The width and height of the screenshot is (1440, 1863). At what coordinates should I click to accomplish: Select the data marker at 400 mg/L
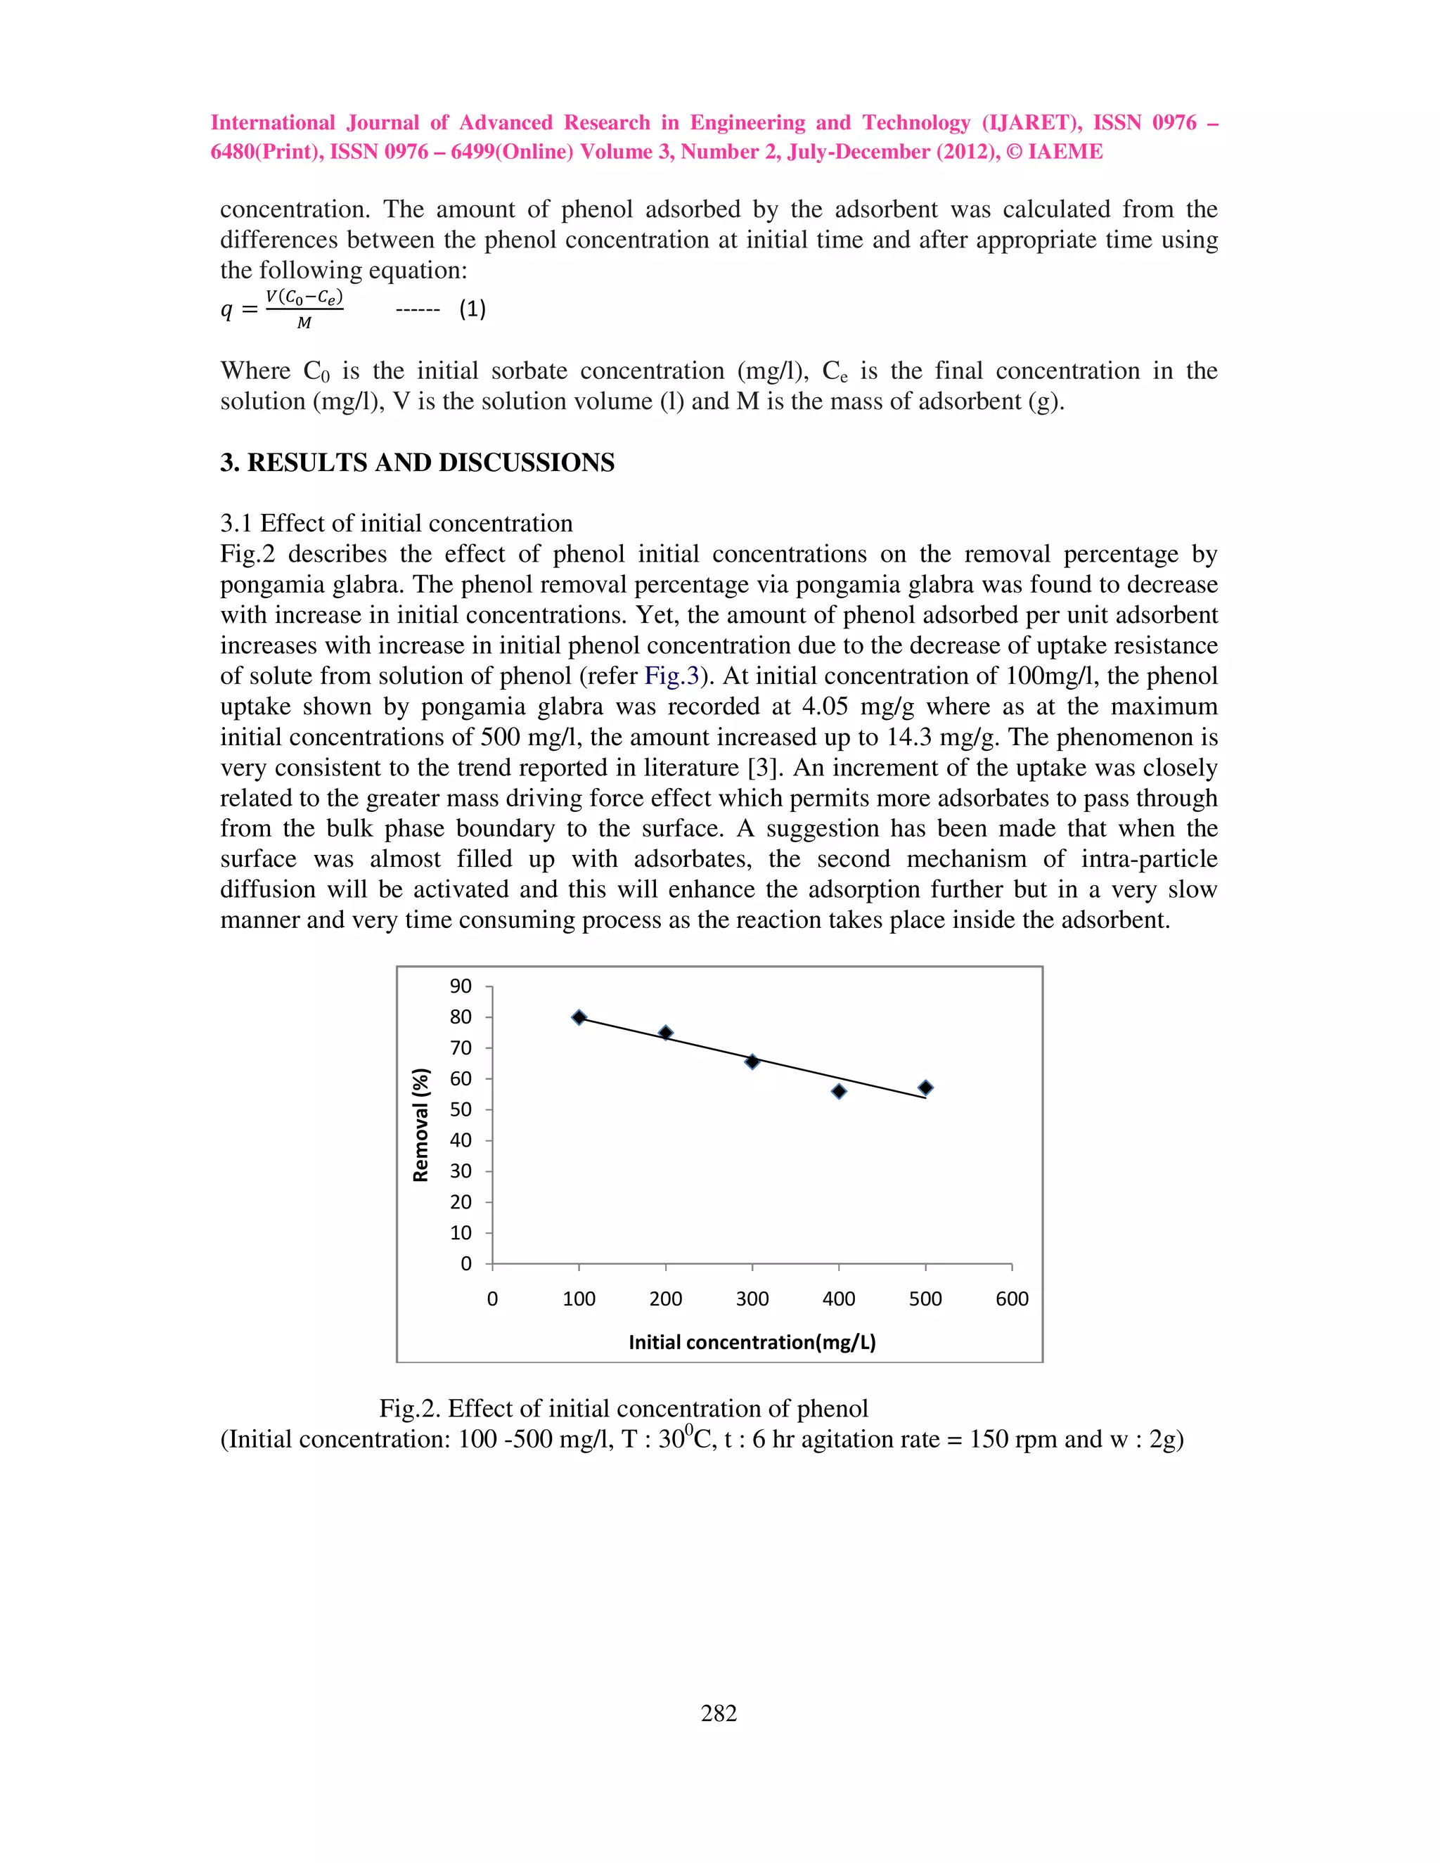[x=839, y=1091]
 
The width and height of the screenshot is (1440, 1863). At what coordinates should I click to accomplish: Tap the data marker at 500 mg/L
[x=925, y=1088]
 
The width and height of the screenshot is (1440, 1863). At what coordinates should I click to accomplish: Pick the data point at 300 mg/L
[x=752, y=1061]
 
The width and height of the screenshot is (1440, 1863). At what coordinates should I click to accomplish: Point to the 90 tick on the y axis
[x=461, y=986]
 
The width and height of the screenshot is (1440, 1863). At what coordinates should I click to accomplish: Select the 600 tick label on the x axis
[x=1012, y=1298]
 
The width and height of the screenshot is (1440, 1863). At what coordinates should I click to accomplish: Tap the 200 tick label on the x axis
[x=665, y=1298]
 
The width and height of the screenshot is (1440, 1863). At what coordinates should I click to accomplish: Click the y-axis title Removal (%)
[x=420, y=1124]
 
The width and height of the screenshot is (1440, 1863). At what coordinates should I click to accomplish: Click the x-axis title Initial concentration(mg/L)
[x=752, y=1342]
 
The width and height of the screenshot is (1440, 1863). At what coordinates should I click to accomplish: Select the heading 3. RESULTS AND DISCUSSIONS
[x=417, y=463]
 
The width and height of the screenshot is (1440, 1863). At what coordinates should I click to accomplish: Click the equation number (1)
[x=472, y=309]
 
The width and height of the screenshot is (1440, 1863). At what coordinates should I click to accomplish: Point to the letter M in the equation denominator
[x=304, y=323]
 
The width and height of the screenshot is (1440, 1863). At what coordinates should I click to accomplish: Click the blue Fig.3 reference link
[x=671, y=676]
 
